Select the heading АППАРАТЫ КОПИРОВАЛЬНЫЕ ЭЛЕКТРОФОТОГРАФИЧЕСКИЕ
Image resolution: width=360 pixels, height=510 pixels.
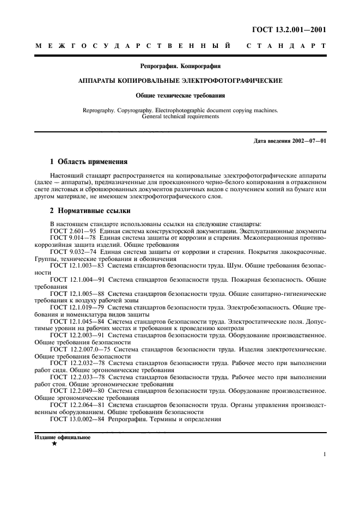[x=180, y=81]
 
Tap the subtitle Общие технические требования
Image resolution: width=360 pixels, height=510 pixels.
[x=180, y=95]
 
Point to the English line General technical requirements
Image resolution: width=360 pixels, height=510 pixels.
[x=180, y=116]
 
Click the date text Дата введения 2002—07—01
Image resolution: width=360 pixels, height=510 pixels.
[x=290, y=142]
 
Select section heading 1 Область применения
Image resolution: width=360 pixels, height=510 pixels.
[x=89, y=161]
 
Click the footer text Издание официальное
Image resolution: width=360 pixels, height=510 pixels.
[x=63, y=438]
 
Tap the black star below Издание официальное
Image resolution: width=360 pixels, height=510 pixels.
[x=54, y=444]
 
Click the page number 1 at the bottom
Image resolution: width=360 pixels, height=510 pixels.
[x=324, y=454]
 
